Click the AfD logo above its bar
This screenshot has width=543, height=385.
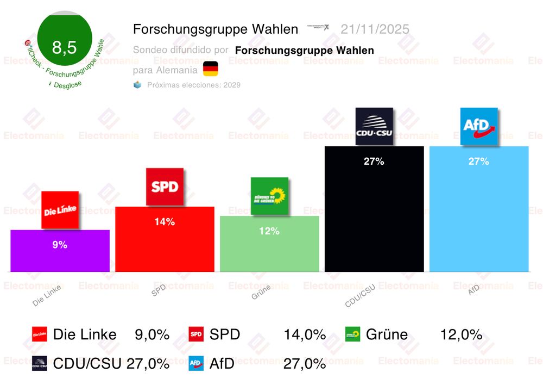click(479, 127)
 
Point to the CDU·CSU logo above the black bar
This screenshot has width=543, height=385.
click(374, 126)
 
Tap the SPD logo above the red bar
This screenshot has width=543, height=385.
click(165, 187)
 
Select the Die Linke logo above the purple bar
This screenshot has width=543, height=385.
click(60, 210)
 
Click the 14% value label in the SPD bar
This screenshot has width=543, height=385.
click(165, 222)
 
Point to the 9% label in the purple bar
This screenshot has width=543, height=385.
click(60, 245)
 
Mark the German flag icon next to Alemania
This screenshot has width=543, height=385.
click(211, 69)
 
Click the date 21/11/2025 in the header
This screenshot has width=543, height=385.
click(375, 29)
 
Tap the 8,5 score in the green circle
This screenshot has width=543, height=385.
click(64, 48)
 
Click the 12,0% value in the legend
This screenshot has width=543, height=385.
click(461, 335)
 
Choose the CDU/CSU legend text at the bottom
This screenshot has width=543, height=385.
click(87, 363)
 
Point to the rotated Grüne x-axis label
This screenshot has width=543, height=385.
click(261, 294)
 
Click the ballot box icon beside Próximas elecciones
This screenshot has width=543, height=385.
click(137, 85)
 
